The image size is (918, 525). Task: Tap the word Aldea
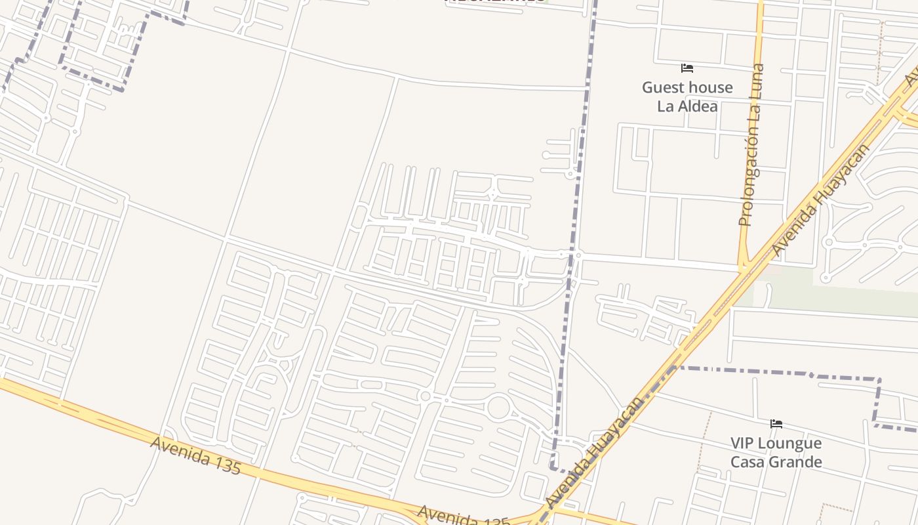(698, 106)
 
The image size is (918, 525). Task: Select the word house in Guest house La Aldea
(711, 87)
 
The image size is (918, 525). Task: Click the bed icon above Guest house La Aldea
(687, 68)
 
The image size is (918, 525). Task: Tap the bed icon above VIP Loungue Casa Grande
(776, 424)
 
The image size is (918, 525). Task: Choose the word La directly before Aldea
(666, 106)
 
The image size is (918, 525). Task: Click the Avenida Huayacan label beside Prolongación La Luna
(821, 199)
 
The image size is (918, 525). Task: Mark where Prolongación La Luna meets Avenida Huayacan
(744, 268)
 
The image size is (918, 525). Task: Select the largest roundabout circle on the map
(498, 408)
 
